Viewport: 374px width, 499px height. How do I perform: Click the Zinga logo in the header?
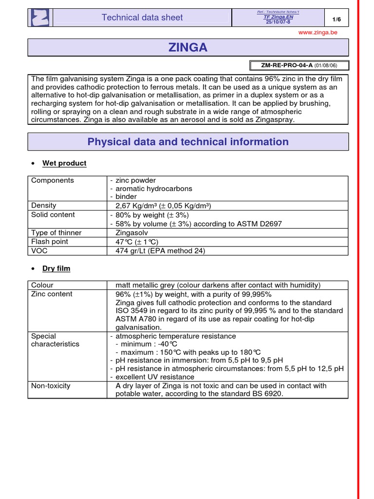click(x=40, y=18)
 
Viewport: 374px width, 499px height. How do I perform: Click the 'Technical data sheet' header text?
click(x=142, y=18)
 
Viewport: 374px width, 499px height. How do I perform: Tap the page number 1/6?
click(x=336, y=19)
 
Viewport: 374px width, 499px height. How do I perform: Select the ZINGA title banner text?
click(x=188, y=47)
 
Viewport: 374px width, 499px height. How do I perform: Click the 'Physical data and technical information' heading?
click(x=188, y=142)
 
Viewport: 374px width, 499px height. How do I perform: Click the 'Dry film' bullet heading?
click(x=56, y=269)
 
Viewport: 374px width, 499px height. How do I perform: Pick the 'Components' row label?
click(x=53, y=180)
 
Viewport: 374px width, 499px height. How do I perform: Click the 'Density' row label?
click(x=44, y=206)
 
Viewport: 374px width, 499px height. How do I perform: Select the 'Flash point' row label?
click(x=50, y=242)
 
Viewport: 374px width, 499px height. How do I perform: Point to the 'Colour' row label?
click(x=42, y=285)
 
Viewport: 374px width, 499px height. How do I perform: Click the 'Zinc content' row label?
click(x=52, y=294)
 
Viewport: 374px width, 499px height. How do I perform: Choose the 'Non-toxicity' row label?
click(x=51, y=386)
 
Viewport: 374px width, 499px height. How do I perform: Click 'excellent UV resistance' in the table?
click(x=155, y=377)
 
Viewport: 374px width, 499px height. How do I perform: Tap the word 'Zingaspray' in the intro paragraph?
click(x=269, y=119)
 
